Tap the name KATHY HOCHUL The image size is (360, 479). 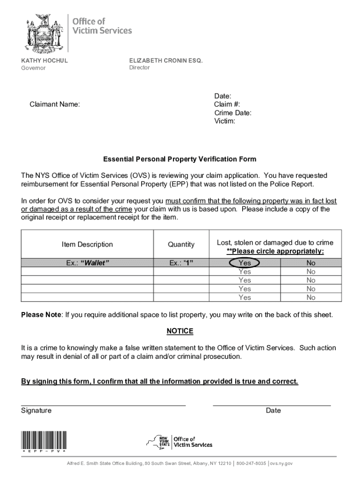[x=44, y=61]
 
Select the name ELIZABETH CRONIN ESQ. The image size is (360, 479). [x=166, y=60]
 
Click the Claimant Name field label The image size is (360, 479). [x=55, y=104]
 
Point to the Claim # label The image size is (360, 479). [x=227, y=104]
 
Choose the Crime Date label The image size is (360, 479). [x=233, y=113]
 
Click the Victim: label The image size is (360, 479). [x=225, y=121]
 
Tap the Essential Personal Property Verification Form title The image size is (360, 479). [x=180, y=159]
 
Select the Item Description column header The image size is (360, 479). [x=87, y=244]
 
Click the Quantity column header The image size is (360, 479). [x=181, y=244]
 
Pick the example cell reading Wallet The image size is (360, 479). [x=87, y=263]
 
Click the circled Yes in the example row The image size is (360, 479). [x=245, y=263]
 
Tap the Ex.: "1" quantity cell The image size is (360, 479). [x=181, y=263]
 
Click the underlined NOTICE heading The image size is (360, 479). [x=180, y=331]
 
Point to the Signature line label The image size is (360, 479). [x=36, y=411]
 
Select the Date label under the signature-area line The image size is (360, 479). [x=274, y=411]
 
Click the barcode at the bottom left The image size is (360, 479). [x=43, y=440]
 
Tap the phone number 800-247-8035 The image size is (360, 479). [x=251, y=463]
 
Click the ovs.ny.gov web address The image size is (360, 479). [x=281, y=463]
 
